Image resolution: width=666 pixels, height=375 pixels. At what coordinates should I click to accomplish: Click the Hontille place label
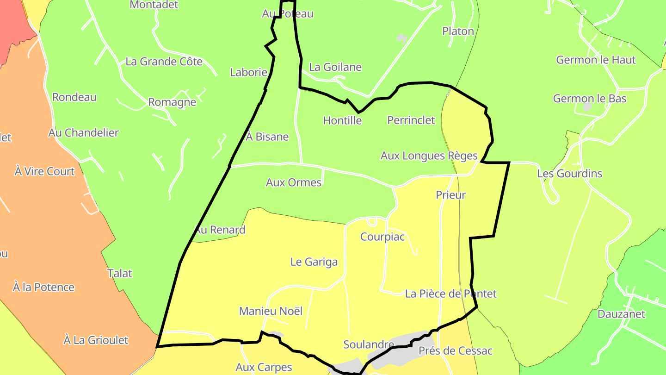click(342, 121)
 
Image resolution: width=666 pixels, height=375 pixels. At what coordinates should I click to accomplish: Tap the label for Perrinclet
click(411, 120)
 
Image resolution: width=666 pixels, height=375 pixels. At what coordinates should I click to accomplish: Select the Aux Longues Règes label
click(429, 156)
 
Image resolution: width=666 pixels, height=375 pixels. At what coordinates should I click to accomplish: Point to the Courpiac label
click(382, 237)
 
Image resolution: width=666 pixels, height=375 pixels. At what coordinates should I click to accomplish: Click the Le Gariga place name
click(314, 262)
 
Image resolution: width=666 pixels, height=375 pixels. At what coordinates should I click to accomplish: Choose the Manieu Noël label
click(271, 311)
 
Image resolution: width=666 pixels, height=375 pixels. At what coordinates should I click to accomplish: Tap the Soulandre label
click(369, 344)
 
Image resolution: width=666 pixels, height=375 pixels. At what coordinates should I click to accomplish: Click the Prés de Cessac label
click(456, 351)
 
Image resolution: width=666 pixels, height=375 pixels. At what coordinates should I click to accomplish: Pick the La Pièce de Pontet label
click(450, 294)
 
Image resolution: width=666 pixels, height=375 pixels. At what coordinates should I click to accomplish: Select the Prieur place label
click(450, 195)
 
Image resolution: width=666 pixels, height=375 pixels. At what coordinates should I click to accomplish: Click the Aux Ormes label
click(294, 182)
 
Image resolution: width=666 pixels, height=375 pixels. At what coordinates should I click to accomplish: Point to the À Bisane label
click(267, 137)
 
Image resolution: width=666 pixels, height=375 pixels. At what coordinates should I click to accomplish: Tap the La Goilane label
click(335, 67)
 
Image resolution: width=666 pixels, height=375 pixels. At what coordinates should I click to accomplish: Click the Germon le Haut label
click(596, 60)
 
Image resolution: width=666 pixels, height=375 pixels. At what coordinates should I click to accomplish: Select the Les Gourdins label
click(569, 174)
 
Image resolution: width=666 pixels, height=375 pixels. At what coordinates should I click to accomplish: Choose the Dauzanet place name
click(621, 314)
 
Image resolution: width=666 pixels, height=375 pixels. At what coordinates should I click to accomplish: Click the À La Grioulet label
click(96, 340)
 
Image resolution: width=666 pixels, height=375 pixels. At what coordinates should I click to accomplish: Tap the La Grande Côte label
click(164, 62)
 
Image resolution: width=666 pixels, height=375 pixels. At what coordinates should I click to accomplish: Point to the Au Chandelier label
click(84, 133)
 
